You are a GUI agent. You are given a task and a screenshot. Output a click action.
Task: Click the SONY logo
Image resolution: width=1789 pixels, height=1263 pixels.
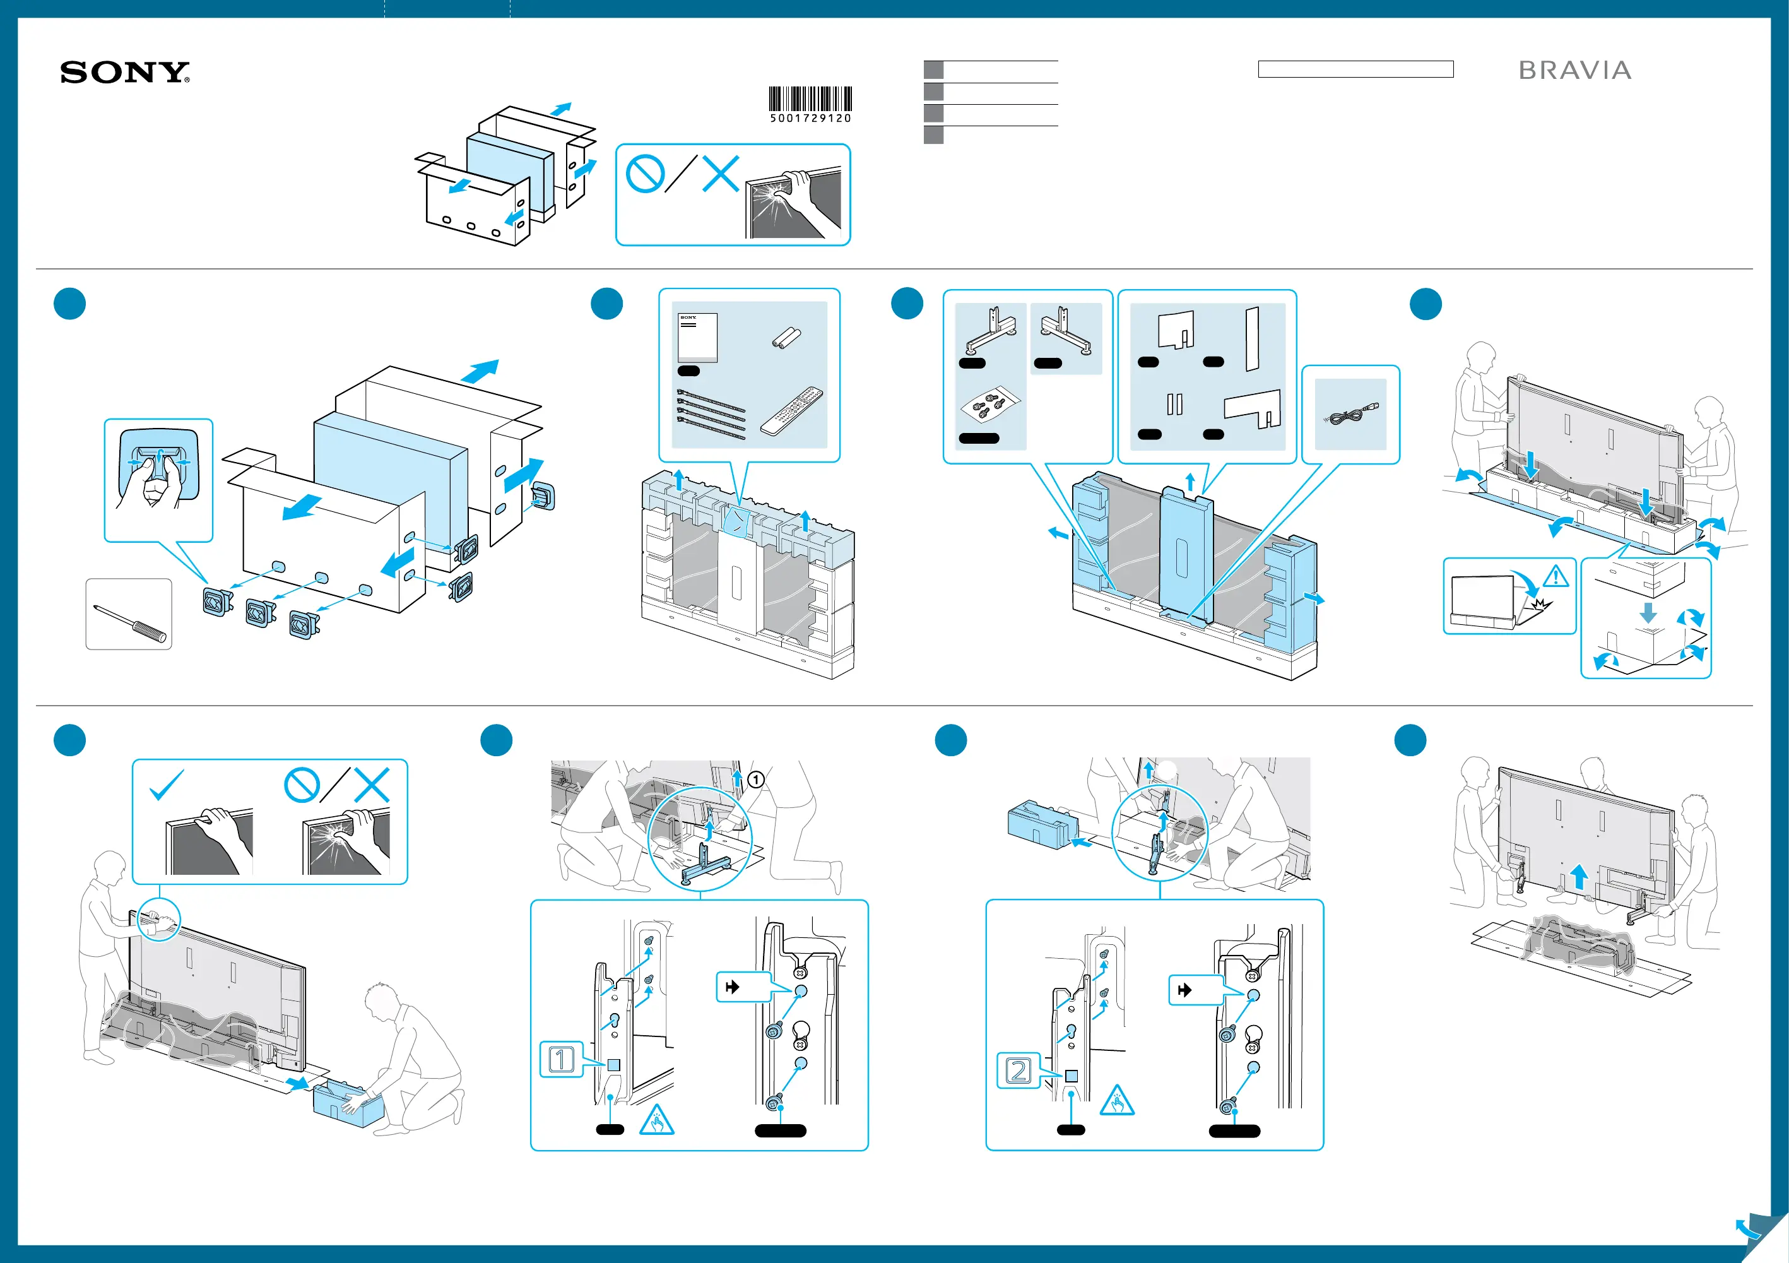(125, 73)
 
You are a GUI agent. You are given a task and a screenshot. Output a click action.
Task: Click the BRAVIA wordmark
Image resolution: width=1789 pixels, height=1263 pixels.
(1574, 71)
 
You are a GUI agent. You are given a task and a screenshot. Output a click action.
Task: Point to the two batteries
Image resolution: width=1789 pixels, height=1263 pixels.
(786, 338)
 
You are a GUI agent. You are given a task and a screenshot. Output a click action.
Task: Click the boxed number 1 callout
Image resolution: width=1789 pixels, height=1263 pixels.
(561, 1060)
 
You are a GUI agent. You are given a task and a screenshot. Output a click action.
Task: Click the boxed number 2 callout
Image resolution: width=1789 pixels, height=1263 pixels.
(1018, 1070)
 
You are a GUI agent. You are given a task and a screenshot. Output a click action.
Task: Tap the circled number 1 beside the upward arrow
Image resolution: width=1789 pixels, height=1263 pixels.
(755, 779)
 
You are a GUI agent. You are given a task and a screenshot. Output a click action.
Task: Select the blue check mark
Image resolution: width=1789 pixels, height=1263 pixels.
(166, 784)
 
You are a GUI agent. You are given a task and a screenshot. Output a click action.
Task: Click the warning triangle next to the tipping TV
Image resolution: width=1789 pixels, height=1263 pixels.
(1556, 576)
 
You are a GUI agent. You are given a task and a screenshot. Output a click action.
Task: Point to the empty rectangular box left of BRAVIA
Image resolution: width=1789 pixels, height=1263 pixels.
(1355, 69)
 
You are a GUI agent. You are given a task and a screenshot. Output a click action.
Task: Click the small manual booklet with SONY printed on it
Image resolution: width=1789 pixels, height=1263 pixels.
(697, 338)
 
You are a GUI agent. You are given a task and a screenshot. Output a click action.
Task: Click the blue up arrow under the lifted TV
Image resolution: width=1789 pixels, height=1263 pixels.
(1579, 875)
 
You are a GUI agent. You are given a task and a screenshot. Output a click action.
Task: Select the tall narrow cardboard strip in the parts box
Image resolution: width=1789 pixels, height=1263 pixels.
(1251, 338)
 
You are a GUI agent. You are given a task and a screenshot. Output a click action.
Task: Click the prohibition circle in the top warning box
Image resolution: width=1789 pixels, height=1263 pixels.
(644, 174)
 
